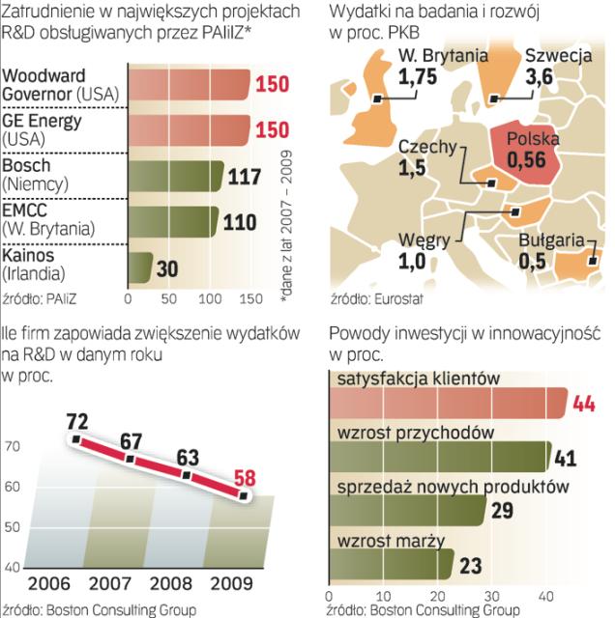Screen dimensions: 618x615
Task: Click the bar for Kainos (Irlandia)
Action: click(140, 267)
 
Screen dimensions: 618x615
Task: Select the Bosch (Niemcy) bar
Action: click(173, 178)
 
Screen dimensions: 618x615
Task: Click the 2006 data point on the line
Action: click(76, 440)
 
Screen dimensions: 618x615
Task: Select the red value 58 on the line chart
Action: click(246, 477)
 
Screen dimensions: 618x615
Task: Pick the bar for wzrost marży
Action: click(392, 563)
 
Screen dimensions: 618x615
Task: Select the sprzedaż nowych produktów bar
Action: click(407, 510)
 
